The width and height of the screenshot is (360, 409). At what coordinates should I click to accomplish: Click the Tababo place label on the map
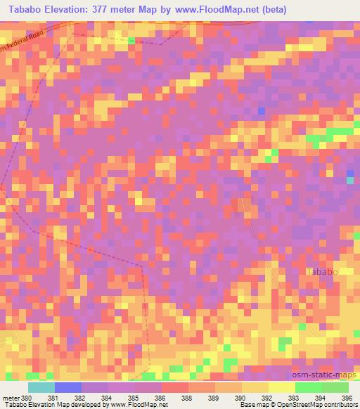click(323, 271)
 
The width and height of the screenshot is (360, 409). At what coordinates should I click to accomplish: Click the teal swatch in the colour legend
click(41, 387)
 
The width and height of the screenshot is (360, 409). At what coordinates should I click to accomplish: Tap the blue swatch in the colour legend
click(67, 387)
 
